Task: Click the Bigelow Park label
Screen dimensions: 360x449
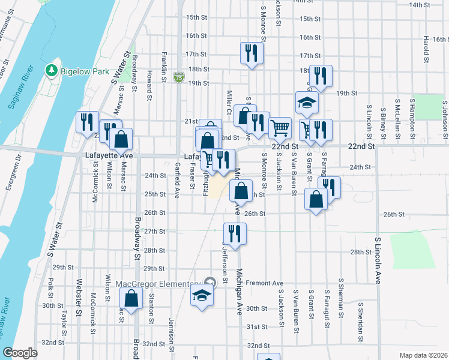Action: click(85, 71)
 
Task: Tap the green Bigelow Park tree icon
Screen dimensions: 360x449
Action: click(52, 71)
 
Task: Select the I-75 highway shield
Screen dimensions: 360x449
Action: click(178, 77)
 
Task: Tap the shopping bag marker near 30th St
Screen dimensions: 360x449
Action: click(131, 298)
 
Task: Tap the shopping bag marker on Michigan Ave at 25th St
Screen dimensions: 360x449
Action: click(241, 191)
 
